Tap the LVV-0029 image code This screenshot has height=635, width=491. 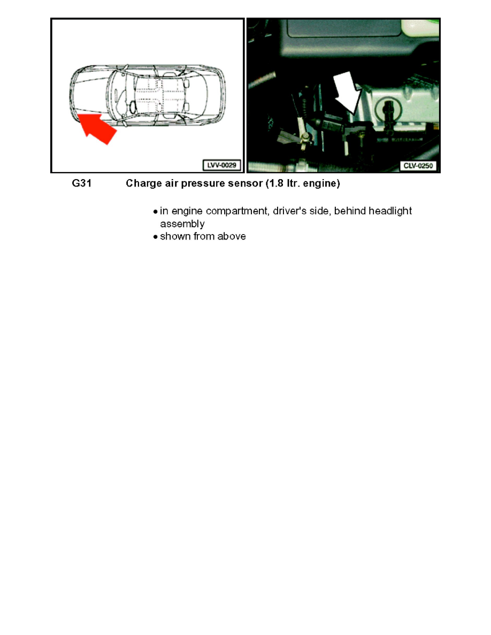click(x=220, y=166)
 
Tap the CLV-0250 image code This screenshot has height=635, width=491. click(x=418, y=166)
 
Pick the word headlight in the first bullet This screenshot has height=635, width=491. click(x=389, y=211)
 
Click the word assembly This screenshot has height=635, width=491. click(x=182, y=224)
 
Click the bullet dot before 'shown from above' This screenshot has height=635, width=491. click(x=155, y=237)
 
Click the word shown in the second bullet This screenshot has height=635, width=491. click(x=174, y=236)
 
